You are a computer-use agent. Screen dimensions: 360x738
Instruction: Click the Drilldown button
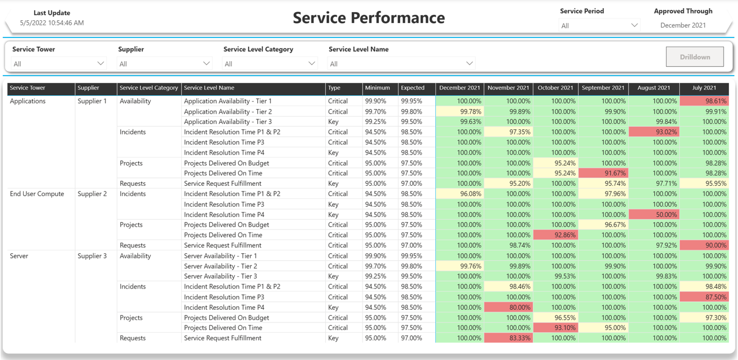tap(695, 57)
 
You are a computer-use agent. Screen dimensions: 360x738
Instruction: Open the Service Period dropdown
tap(599, 25)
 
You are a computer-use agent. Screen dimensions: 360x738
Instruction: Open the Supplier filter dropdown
tap(164, 63)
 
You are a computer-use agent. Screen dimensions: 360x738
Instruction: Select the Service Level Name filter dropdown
tap(401, 63)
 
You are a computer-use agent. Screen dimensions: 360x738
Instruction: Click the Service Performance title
tap(368, 18)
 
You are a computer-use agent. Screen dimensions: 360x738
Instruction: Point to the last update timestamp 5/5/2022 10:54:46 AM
tap(52, 23)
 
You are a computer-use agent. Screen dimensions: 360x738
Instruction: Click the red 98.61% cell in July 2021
tap(704, 101)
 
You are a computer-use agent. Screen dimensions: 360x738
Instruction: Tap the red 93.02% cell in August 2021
tap(654, 132)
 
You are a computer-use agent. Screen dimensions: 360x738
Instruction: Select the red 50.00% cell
tap(654, 215)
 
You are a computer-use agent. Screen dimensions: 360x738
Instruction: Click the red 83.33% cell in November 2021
tap(508, 338)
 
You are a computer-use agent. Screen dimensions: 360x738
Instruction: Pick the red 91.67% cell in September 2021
tap(603, 173)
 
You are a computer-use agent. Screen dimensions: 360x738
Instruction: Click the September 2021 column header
tap(603, 88)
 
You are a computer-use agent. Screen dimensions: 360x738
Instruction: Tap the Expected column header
tap(413, 88)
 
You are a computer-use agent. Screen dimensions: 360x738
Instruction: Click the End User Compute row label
tap(37, 194)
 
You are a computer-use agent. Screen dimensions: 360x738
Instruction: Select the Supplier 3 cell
tap(92, 256)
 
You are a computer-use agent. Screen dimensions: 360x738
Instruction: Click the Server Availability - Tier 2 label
tap(220, 267)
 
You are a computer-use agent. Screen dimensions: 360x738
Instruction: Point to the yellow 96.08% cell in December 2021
tap(460, 194)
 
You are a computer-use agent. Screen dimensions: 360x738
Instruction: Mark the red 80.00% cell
tap(508, 307)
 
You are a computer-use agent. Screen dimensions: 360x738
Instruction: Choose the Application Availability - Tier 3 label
tap(228, 122)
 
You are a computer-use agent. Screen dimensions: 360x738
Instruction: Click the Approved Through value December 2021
tap(683, 25)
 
